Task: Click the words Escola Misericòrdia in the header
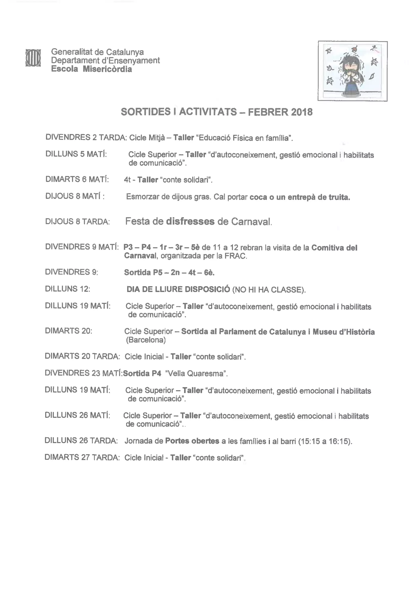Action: (91, 69)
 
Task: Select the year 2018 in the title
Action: (302, 112)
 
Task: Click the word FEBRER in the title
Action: (268, 112)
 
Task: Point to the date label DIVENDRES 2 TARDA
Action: (86, 138)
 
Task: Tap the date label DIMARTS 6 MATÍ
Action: (77, 179)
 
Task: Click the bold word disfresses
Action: (190, 221)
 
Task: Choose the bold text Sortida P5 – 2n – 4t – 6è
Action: (169, 272)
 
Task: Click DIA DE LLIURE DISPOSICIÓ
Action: (178, 289)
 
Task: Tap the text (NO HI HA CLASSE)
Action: (269, 290)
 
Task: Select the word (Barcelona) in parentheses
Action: (146, 340)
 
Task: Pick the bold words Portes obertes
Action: (192, 441)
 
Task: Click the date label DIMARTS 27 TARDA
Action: (82, 457)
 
